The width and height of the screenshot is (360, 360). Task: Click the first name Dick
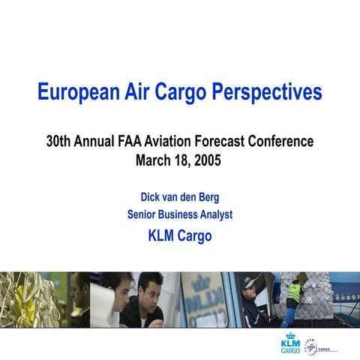(152, 197)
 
